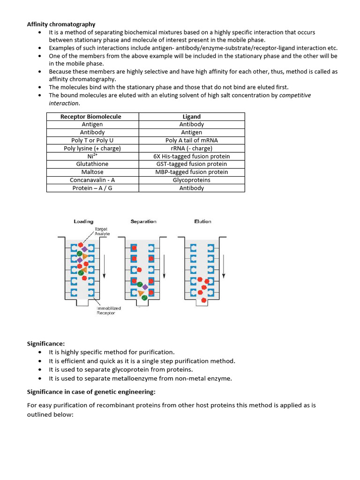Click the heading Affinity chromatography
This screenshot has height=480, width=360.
coord(61,24)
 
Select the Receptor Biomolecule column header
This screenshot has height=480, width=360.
coord(91,117)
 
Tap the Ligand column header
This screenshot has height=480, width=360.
coord(191,117)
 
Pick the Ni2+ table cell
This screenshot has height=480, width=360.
coord(92,156)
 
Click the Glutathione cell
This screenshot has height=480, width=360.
coord(92,164)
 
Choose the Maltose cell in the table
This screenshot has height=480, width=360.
coord(92,172)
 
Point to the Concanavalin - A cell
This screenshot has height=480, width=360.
coord(92,180)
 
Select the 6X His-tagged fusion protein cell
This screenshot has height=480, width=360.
coord(192,156)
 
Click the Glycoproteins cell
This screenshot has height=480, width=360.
coord(192,180)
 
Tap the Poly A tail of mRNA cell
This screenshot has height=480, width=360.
coord(192,140)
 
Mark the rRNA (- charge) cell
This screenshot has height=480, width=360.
coord(192,148)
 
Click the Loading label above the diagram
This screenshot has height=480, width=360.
coord(83,221)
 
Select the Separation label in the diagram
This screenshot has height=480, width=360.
coord(143,221)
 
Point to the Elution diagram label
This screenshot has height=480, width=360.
coord(202,221)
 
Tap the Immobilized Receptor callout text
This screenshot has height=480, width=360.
coord(109,310)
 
